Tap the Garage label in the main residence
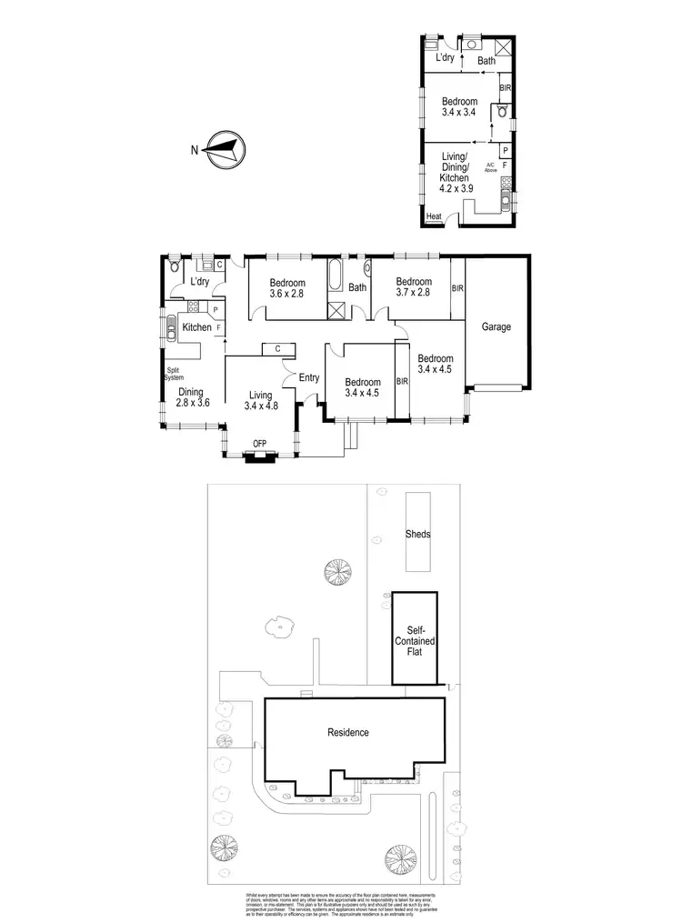[496, 326]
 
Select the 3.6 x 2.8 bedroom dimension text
[288, 294]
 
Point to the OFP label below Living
[260, 445]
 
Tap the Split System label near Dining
[174, 374]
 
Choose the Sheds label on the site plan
[417, 535]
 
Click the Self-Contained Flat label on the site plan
[414, 640]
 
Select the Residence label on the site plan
[348, 732]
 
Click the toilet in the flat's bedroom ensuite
[500, 113]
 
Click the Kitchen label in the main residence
[196, 327]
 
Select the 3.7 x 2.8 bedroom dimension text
[413, 293]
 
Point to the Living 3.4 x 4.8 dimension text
[261, 406]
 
